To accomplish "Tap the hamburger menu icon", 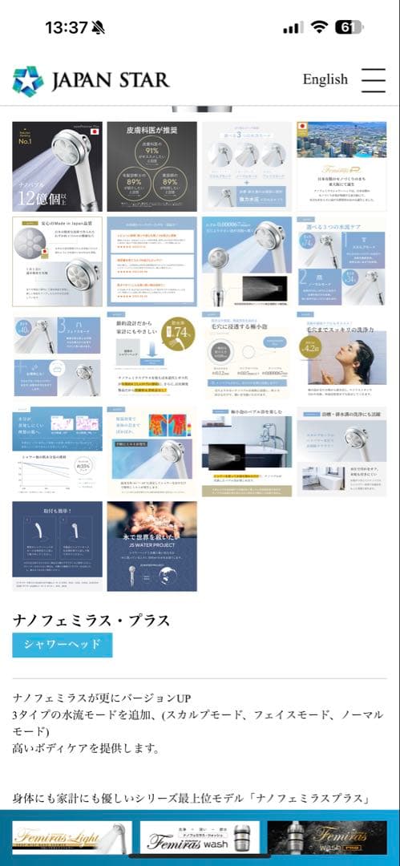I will pos(374,79).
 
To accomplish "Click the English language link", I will pos(325,79).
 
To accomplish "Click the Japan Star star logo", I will pos(28,81).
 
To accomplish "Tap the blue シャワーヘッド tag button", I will pos(62,644).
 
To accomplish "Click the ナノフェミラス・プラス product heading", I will pos(91,621).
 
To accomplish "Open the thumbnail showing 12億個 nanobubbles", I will pos(57,166).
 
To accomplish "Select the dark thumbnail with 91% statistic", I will pos(152,166).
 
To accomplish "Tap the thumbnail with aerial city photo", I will pos(341,166).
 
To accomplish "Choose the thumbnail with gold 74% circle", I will pos(152,355).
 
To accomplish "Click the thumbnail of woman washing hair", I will pos(341,355).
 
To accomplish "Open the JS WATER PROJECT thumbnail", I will pos(152,545).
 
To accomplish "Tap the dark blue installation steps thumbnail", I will pos(57,545).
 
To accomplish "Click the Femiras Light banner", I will pos(71,837).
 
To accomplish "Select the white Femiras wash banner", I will pos(199,837).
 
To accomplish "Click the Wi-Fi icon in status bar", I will pos(320,27).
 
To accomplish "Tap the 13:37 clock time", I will pos(66,27).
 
